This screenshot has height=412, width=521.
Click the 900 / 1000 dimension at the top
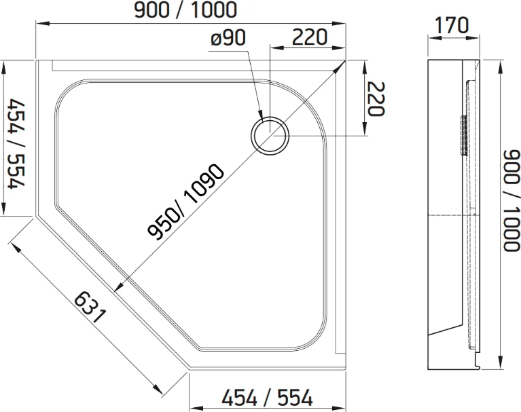pos(185,10)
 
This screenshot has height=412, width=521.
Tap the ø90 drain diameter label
pos(228,37)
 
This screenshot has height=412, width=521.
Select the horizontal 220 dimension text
pos(309,37)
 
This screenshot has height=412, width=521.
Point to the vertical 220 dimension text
pos(376,98)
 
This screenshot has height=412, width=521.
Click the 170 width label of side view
pos(452,25)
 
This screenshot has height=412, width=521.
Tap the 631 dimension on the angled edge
pos(90,307)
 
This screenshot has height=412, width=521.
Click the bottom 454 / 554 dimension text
pos(268,397)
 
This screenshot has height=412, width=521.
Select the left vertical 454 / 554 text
pos(16,144)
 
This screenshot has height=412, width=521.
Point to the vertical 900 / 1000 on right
pos(511,200)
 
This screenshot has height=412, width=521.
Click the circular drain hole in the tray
pos(270,136)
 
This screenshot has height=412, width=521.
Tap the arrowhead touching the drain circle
pos(260,113)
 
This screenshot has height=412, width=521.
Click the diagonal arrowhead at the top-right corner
pos(340,67)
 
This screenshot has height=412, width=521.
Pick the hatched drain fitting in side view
pos(463,136)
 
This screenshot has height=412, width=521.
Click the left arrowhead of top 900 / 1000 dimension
pos(42,23)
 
